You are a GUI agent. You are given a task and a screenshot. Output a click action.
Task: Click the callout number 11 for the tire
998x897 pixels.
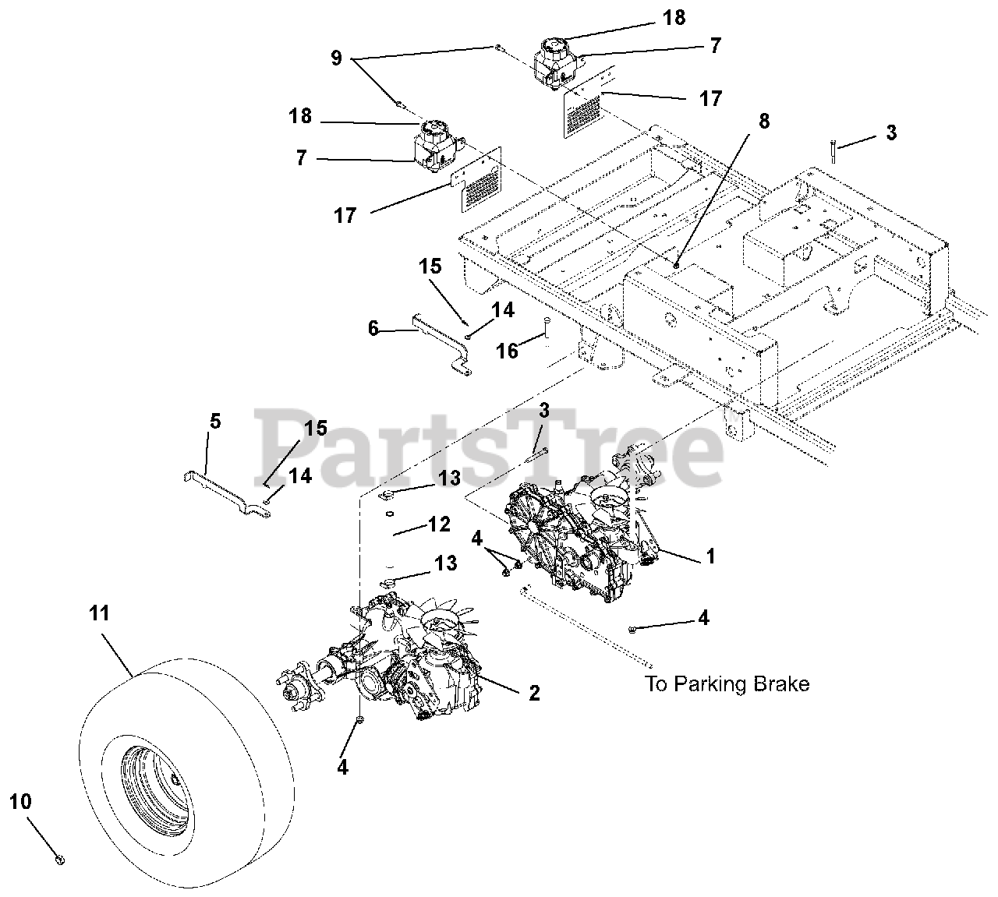coord(98,614)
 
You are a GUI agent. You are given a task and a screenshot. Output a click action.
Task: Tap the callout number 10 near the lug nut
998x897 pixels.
coord(21,801)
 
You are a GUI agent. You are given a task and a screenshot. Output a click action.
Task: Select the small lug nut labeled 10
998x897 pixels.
coord(61,859)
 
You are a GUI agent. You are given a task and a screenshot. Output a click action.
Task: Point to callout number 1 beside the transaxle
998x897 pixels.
coord(710,556)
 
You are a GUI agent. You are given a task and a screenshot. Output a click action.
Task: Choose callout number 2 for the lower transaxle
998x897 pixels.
coord(534,692)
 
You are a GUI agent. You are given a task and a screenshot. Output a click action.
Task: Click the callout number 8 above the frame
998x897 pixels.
coord(763,121)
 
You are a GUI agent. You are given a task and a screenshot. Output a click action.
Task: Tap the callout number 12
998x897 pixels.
coord(439,524)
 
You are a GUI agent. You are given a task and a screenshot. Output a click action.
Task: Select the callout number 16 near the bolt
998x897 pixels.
coord(508,351)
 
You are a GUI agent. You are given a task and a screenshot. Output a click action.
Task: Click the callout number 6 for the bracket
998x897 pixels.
coord(373,329)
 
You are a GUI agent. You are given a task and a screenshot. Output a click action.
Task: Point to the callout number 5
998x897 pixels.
coord(215,422)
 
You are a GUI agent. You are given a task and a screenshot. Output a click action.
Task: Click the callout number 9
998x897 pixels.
coord(336,58)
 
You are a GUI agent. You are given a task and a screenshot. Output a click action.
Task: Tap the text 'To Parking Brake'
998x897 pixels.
coord(727,684)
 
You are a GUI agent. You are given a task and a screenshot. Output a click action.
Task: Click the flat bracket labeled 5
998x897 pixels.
coord(226,493)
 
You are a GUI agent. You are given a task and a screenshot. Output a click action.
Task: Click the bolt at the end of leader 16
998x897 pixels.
coord(547,327)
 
